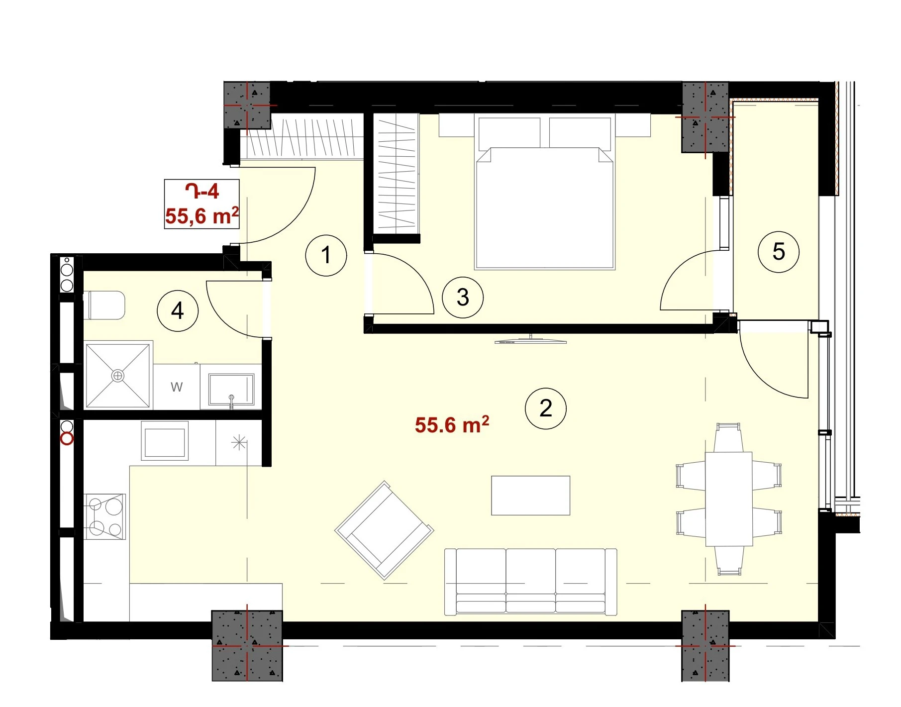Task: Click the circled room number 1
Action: [x=326, y=255]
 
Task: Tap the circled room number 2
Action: [x=546, y=408]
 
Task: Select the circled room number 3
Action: [x=463, y=298]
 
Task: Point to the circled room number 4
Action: [x=178, y=311]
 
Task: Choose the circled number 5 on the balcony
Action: [x=779, y=252]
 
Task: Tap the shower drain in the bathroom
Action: [x=118, y=376]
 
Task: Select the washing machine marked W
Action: [x=177, y=387]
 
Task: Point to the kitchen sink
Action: [x=165, y=441]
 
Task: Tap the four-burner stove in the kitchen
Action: [x=105, y=516]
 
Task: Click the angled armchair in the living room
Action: [x=384, y=530]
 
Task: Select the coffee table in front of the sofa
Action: [x=531, y=496]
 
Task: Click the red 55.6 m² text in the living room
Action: [x=452, y=425]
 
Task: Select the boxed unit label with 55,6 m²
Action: [x=202, y=204]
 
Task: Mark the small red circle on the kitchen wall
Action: [x=67, y=439]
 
